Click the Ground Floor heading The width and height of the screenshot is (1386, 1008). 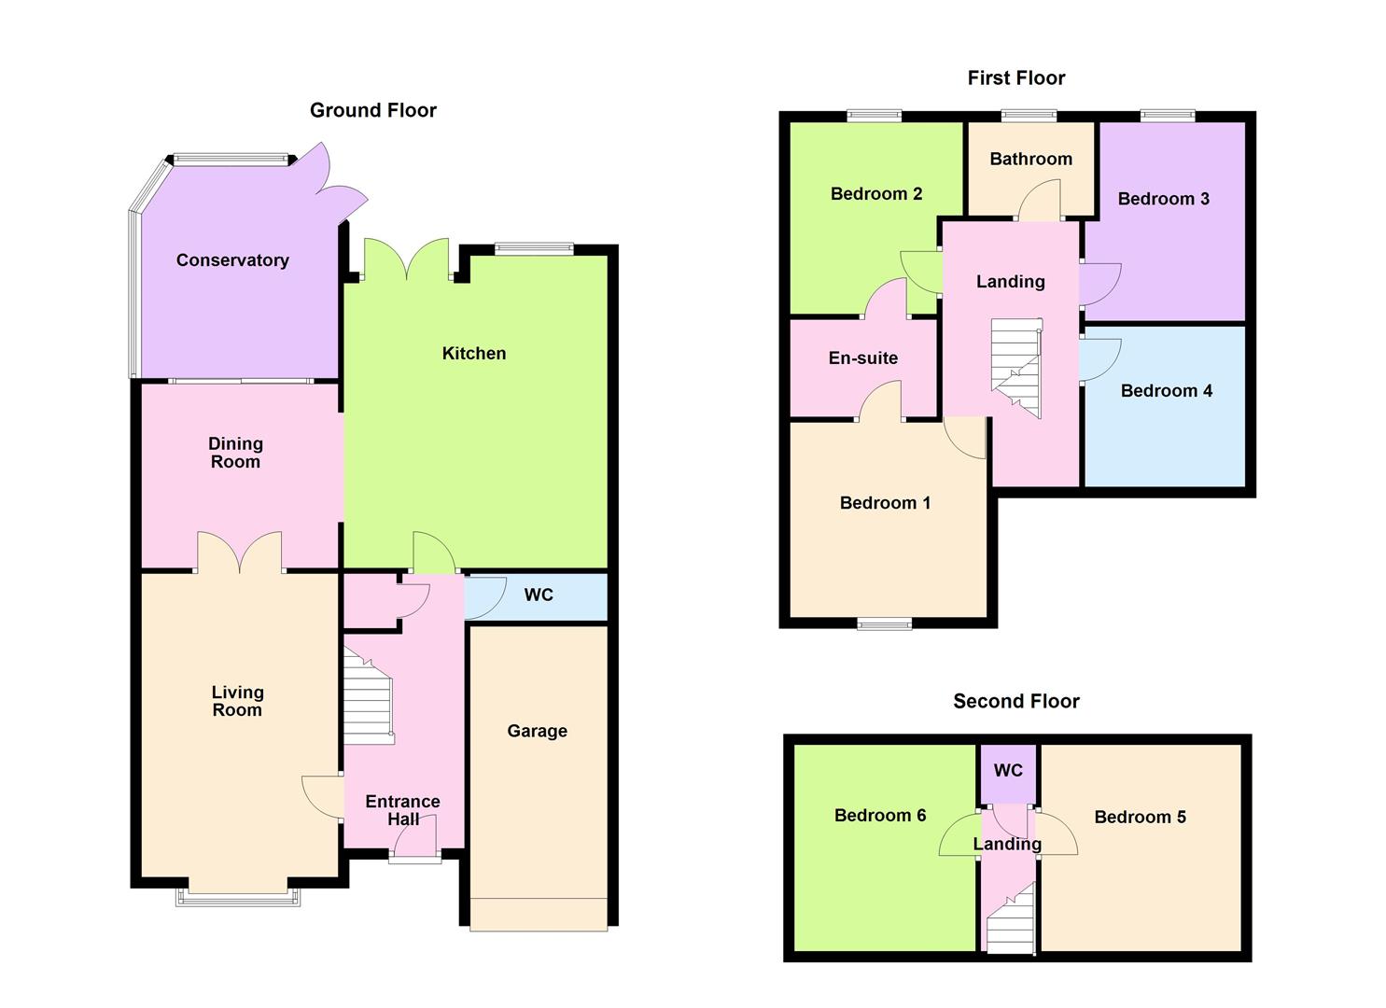372,110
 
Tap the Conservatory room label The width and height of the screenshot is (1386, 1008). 232,260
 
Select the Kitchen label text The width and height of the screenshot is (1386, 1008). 474,353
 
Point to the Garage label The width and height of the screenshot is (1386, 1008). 537,731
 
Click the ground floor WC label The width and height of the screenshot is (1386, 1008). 539,595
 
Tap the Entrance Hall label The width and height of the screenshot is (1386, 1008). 402,810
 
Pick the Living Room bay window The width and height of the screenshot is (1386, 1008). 238,896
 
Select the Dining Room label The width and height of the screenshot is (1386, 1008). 235,453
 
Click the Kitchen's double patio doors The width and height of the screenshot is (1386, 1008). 407,261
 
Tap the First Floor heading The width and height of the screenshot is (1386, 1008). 1015,77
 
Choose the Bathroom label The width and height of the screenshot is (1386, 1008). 1030,159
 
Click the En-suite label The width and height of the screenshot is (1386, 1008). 863,357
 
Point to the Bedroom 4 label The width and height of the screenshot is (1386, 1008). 1166,390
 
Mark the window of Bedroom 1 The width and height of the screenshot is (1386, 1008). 884,624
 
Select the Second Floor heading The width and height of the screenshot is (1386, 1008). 1015,701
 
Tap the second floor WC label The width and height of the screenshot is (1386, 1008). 1008,770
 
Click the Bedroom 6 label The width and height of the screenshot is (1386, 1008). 880,815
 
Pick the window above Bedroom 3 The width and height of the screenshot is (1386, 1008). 1167,116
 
